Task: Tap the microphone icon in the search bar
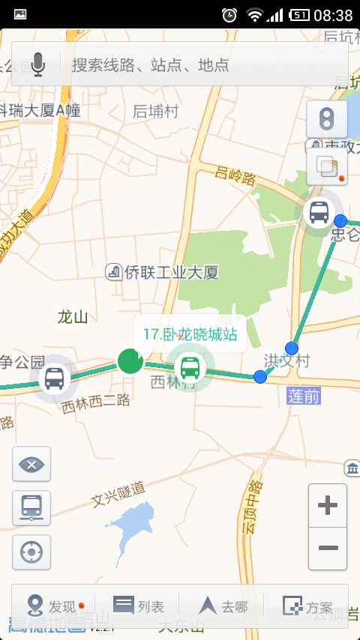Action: tap(37, 64)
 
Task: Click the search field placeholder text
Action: tap(150, 64)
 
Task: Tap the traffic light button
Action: tap(326, 119)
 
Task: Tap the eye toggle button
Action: tap(31, 464)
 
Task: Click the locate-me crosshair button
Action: tap(31, 552)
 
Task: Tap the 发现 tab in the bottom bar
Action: tap(54, 606)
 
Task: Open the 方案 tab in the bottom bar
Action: tap(307, 606)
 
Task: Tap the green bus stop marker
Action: tap(190, 367)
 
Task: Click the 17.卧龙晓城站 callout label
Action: tap(190, 333)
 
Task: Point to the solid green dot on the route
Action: tap(130, 360)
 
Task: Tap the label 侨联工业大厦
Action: tap(163, 271)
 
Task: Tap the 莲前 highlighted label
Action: tap(304, 395)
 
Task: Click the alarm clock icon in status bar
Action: tap(229, 14)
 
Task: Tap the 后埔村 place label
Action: tap(156, 111)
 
